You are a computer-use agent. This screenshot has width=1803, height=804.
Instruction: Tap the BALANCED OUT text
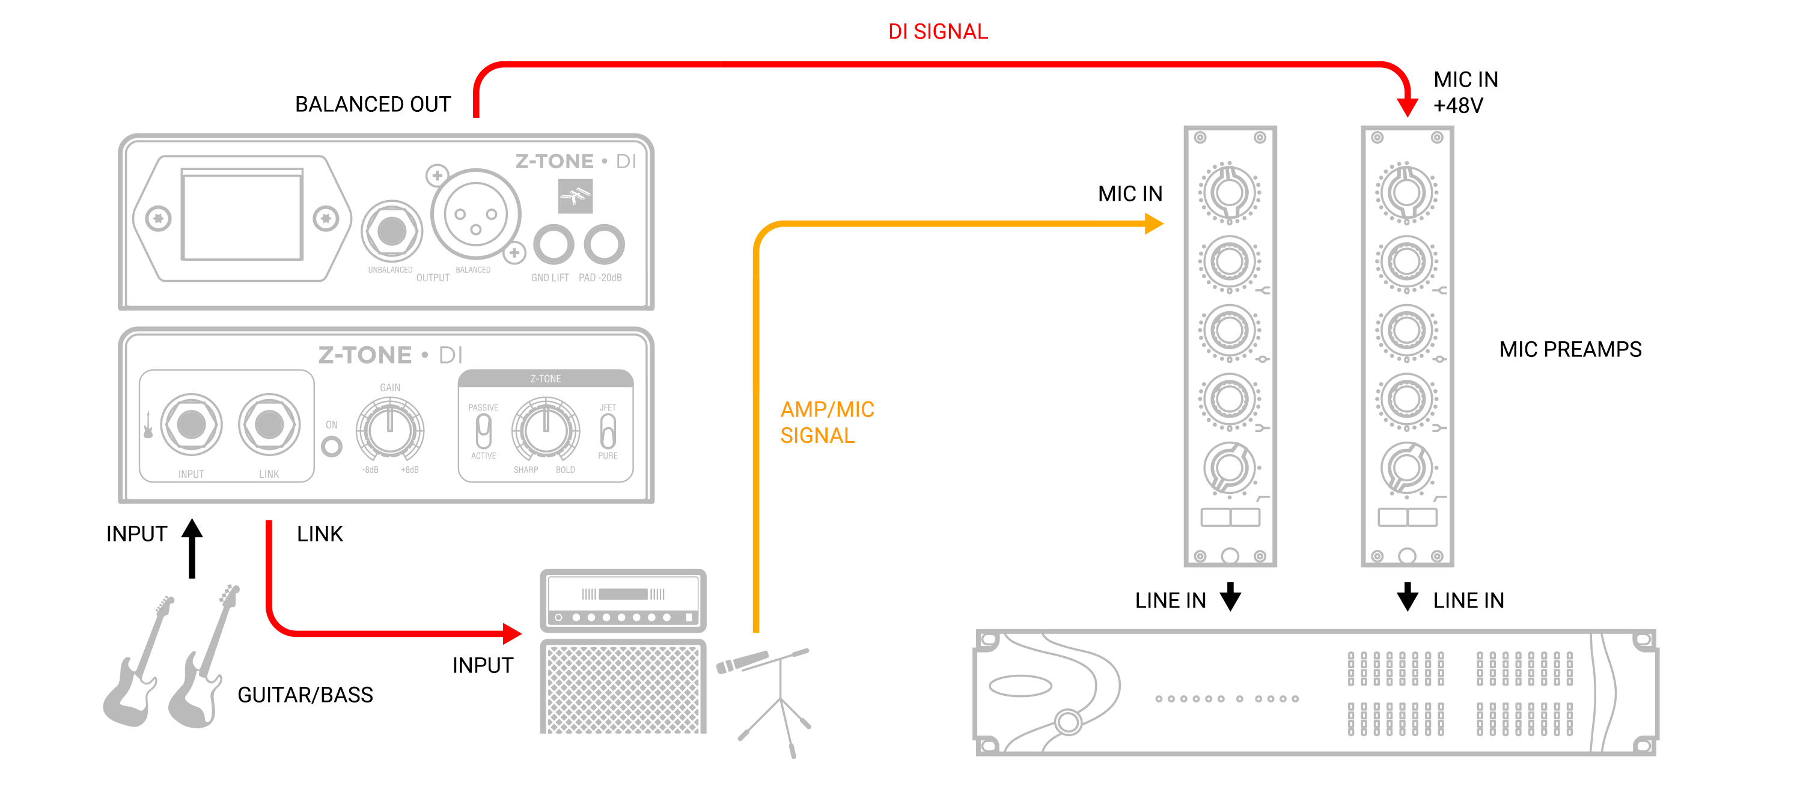pyautogui.click(x=373, y=105)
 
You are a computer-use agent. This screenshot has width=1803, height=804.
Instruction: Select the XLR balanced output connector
pyautogui.click(x=475, y=214)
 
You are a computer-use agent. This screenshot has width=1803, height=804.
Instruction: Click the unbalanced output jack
pyautogui.click(x=391, y=231)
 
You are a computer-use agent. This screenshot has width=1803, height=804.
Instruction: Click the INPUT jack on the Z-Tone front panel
pyautogui.click(x=191, y=424)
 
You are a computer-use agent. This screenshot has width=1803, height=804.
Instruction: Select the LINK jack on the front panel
pyautogui.click(x=269, y=424)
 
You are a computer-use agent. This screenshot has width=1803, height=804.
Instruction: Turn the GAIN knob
pyautogui.click(x=390, y=429)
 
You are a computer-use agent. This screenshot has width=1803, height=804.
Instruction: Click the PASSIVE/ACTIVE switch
pyautogui.click(x=483, y=431)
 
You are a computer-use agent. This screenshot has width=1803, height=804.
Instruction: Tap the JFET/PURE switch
pyautogui.click(x=608, y=431)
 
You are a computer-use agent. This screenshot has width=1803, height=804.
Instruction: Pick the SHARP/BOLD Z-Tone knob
pyautogui.click(x=545, y=429)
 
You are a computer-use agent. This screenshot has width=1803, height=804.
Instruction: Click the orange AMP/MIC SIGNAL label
pyautogui.click(x=826, y=422)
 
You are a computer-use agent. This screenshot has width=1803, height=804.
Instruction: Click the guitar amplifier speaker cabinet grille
pyautogui.click(x=622, y=689)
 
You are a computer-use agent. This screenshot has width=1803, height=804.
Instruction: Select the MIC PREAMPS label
pyautogui.click(x=1570, y=349)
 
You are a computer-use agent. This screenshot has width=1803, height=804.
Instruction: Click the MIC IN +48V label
pyautogui.click(x=1465, y=93)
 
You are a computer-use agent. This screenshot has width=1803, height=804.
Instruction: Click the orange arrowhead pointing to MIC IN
pyautogui.click(x=1153, y=224)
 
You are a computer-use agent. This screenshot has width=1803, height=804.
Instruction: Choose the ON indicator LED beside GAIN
pyautogui.click(x=332, y=446)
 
